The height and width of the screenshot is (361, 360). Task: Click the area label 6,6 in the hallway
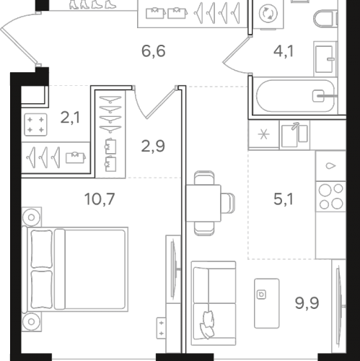154,51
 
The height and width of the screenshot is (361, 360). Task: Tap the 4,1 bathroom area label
284,51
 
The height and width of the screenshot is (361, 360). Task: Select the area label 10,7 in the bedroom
100,199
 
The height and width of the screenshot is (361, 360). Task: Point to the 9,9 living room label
307,303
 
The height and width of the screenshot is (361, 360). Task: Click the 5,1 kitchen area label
284,199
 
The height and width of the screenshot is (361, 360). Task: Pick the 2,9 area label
153,146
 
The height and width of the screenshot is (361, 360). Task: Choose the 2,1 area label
70,118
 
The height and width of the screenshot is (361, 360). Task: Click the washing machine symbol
268,14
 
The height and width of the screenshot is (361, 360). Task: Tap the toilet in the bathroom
325,18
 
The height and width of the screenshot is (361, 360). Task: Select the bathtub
295,96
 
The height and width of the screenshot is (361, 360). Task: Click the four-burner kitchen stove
330,196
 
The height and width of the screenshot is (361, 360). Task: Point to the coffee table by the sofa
267,303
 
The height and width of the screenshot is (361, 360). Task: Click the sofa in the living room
214,303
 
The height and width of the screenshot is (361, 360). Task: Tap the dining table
203,203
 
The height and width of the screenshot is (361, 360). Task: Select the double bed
75,269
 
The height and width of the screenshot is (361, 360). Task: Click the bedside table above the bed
31,217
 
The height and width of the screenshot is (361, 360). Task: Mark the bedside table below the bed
31,322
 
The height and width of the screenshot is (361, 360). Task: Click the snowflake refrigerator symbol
264,134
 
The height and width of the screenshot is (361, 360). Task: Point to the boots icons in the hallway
92,4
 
